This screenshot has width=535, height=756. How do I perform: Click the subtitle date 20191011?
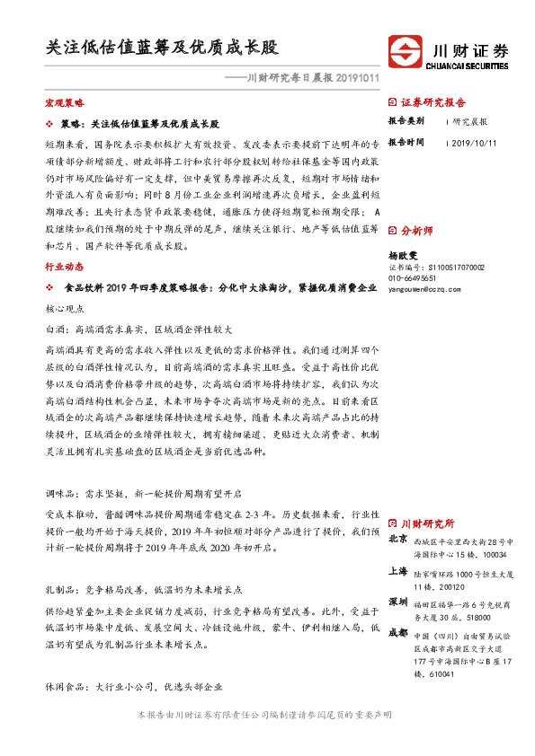click(x=352, y=78)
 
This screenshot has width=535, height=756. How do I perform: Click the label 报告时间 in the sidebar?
click(x=406, y=143)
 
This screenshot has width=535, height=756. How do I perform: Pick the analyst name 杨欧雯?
click(x=404, y=255)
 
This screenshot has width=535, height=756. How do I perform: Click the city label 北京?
click(x=397, y=540)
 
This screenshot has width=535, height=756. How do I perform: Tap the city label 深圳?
click(x=397, y=601)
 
